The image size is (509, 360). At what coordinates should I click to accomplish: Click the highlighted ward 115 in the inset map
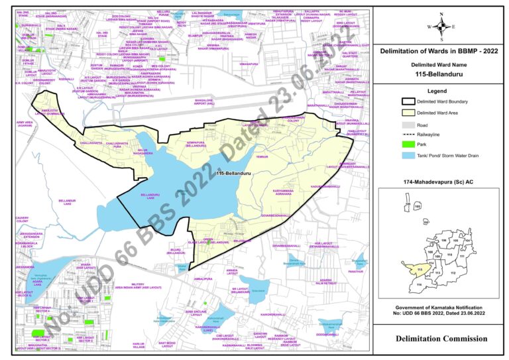(419, 270)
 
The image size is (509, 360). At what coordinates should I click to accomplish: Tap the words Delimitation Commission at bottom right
(441, 339)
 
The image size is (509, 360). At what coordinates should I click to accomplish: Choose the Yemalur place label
(262, 156)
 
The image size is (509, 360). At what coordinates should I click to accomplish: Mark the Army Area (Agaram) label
(24, 124)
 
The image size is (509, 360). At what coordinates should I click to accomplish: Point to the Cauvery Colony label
(23, 219)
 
